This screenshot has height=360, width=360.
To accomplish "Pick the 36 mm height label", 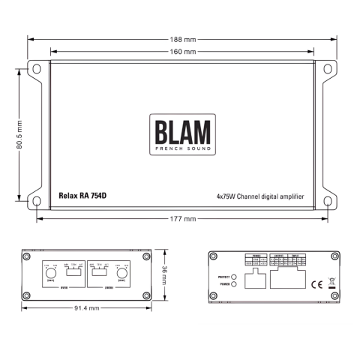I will (166, 275).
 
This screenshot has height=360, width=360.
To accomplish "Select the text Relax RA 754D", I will (82, 195).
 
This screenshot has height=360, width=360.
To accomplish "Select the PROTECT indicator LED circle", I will (234, 276).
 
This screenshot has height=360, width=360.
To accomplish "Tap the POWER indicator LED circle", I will (234, 285).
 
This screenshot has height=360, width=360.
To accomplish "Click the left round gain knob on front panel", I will (51, 275).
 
